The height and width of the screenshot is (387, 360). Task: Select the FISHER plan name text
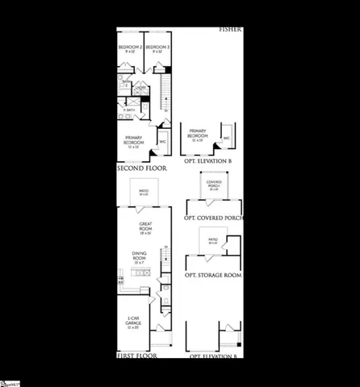click(230, 30)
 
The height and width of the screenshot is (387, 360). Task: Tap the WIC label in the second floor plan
click(162, 143)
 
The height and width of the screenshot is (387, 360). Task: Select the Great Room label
click(145, 227)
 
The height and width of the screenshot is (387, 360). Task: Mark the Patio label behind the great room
click(144, 192)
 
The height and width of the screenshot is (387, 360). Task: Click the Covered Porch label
click(214, 185)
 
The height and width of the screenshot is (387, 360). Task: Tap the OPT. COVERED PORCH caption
click(214, 218)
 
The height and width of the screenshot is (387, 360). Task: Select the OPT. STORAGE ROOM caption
click(213, 275)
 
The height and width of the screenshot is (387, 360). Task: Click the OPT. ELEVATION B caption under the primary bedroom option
click(207, 161)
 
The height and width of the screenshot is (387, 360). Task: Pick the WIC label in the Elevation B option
click(227, 138)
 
